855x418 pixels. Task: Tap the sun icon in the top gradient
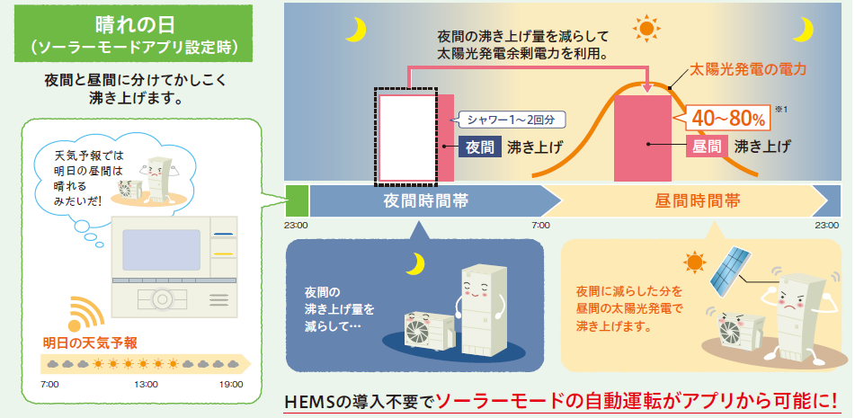click(x=646, y=28)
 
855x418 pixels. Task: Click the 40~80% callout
click(x=728, y=117)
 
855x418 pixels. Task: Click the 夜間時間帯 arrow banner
click(x=423, y=200)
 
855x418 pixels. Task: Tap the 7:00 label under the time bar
click(x=540, y=225)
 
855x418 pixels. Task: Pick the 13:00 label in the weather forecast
click(x=145, y=385)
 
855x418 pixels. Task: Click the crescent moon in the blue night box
click(x=414, y=262)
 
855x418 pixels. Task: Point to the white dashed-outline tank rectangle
click(x=409, y=135)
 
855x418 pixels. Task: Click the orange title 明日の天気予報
click(x=90, y=342)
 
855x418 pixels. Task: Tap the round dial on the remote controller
click(x=163, y=298)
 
